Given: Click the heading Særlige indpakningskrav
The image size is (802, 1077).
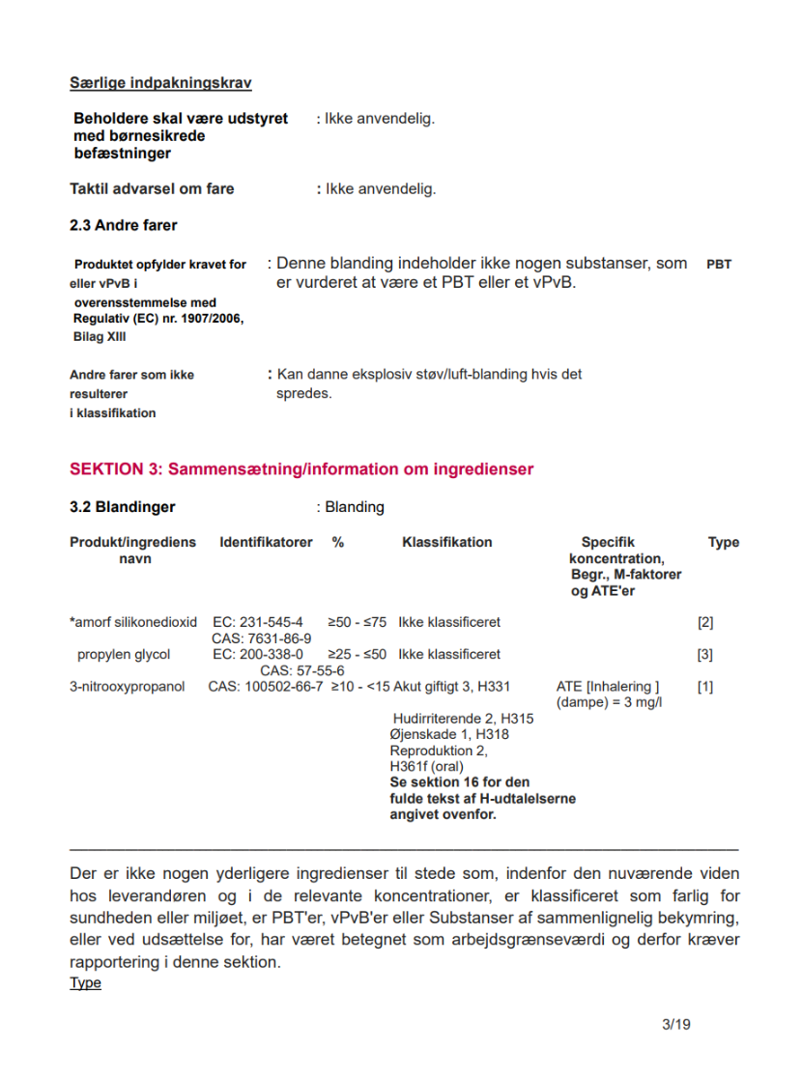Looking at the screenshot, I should pyautogui.click(x=160, y=83).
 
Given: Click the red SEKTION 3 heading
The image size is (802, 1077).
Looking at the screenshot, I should pyautogui.click(x=301, y=469).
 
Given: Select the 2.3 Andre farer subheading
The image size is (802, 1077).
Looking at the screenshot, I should pyautogui.click(x=123, y=225).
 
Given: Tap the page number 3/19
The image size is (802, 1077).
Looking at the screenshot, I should pyautogui.click(x=676, y=1024).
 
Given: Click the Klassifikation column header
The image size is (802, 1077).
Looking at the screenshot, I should pyautogui.click(x=446, y=542).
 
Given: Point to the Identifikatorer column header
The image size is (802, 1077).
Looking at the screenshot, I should pyautogui.click(x=266, y=542).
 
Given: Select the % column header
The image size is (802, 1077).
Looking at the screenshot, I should pyautogui.click(x=338, y=542).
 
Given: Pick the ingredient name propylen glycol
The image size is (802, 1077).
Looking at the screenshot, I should pyautogui.click(x=124, y=654).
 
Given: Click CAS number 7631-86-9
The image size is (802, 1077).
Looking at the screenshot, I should pyautogui.click(x=261, y=638).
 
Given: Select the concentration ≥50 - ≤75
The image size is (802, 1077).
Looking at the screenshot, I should pyautogui.click(x=357, y=622).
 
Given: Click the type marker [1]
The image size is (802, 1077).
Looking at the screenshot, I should pyautogui.click(x=705, y=687).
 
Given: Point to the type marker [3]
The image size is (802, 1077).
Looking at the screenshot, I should pyautogui.click(x=705, y=654).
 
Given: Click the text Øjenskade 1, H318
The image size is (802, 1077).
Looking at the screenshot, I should pyautogui.click(x=449, y=734).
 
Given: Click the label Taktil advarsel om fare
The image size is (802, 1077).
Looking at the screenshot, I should pyautogui.click(x=152, y=188).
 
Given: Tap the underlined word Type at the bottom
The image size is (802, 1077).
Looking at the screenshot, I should pyautogui.click(x=85, y=983).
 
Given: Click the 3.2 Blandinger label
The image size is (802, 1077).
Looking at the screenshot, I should pyautogui.click(x=122, y=507).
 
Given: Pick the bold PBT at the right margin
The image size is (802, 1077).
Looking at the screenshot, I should pyautogui.click(x=719, y=263).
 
